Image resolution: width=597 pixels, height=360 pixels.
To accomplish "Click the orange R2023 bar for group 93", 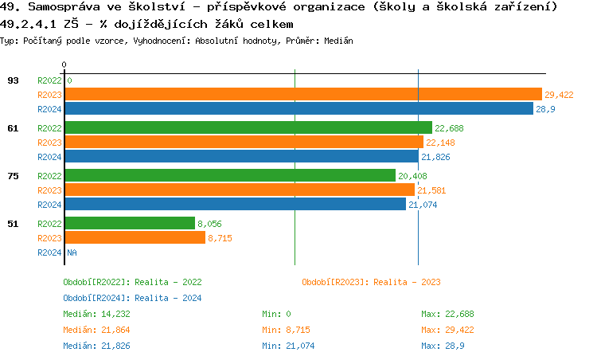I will [x=302, y=94].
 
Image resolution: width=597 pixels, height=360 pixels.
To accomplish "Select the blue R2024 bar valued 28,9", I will [x=298, y=108].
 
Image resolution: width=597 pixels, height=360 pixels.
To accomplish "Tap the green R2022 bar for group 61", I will [x=248, y=127].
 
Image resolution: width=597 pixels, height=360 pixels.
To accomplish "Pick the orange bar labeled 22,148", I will [x=244, y=142].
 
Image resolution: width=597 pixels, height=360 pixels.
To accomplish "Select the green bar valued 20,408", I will [x=230, y=175].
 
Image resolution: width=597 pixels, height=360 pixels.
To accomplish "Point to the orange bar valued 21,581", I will [x=240, y=190].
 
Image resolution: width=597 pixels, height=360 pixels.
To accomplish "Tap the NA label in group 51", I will [x=72, y=252].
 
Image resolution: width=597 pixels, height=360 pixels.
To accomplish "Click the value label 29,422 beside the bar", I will [x=559, y=95].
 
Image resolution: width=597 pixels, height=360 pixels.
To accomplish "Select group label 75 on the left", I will [x=13, y=175].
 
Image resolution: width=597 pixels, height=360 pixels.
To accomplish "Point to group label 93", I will [x=13, y=80].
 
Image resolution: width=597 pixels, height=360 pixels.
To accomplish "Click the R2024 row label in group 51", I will [x=49, y=252].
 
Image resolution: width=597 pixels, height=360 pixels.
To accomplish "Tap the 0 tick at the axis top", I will [x=64, y=65].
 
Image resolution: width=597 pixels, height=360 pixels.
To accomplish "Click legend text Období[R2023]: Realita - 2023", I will [x=371, y=282].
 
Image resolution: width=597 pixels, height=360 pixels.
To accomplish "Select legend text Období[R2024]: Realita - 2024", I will [x=132, y=298].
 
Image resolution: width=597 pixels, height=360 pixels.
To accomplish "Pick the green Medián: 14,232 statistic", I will [x=96, y=314].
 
